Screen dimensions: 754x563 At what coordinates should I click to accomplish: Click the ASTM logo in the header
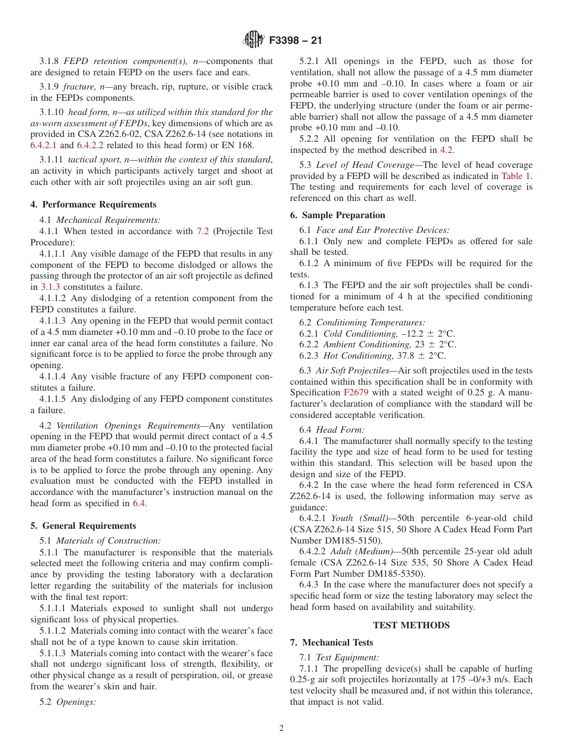pyautogui.click(x=254, y=41)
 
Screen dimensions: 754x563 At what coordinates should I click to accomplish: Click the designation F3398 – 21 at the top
pyautogui.click(x=294, y=41)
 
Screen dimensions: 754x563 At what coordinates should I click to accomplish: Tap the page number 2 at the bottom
pyautogui.click(x=281, y=729)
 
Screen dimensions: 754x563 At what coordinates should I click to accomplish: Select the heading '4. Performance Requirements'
pyautogui.click(x=93, y=205)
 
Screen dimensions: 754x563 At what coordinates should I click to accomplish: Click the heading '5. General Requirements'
pyautogui.click(x=83, y=526)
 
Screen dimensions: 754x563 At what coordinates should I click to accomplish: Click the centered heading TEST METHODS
pyautogui.click(x=411, y=625)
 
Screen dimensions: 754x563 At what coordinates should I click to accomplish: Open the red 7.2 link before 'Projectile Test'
pyautogui.click(x=203, y=231)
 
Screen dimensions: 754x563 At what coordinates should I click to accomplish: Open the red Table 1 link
pyautogui.click(x=516, y=176)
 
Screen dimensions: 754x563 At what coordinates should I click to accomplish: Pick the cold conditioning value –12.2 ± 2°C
pyautogui.click(x=431, y=334)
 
